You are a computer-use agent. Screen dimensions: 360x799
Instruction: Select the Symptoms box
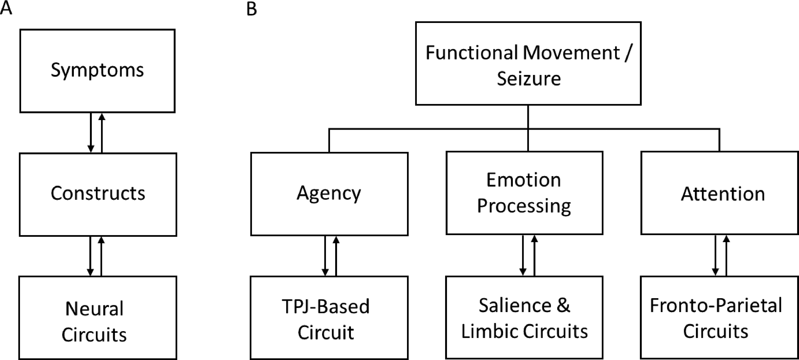pos(97,71)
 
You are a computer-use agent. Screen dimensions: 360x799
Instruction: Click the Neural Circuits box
pos(98,318)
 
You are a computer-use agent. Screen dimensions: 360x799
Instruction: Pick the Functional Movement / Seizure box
pos(528,63)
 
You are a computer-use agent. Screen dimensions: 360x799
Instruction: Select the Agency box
pos(329,194)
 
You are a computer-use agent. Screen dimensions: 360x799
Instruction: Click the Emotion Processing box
pos(524,193)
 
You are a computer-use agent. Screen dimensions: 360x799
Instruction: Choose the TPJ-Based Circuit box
pos(329,318)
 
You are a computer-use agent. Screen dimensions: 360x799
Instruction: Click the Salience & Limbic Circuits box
pos(524,318)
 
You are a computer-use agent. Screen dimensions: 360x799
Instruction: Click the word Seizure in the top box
pos(529,79)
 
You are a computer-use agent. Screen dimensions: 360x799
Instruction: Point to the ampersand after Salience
pos(563,305)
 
